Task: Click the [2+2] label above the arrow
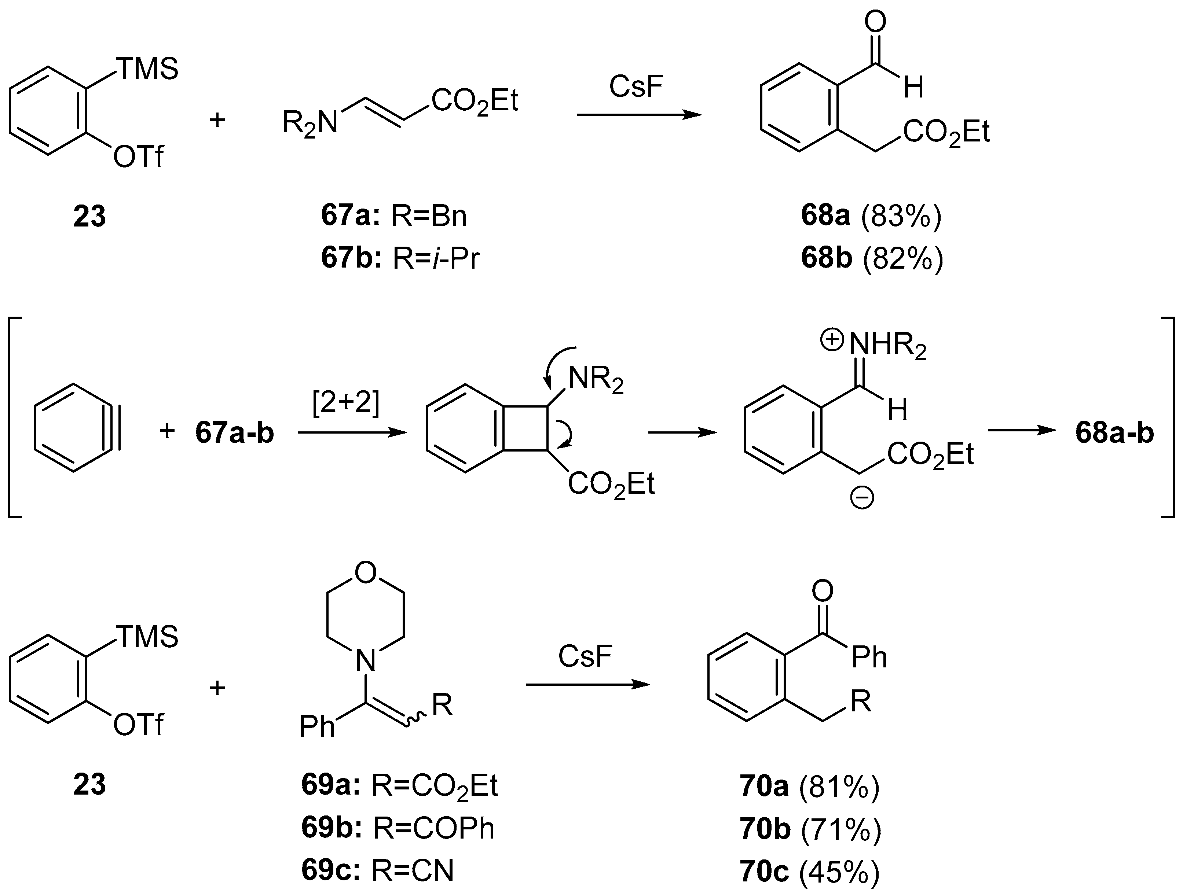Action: tap(345, 403)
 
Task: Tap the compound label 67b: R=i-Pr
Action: tap(400, 258)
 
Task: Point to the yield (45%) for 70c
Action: tap(839, 871)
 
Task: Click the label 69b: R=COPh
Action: tap(398, 828)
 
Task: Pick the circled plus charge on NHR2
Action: tap(832, 340)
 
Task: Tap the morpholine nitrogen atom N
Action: tap(366, 662)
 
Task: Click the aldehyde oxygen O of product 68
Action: tap(875, 22)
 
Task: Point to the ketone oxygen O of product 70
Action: tap(823, 591)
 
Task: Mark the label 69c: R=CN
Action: tap(377, 871)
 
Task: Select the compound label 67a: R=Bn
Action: tap(393, 216)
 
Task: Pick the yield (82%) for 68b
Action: tap(903, 258)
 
